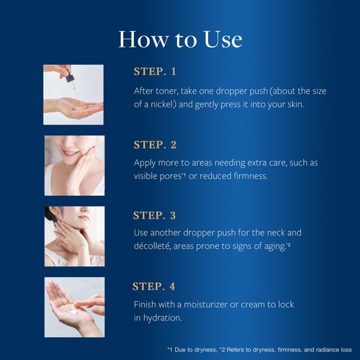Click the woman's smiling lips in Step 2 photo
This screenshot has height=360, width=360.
point(69,153)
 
